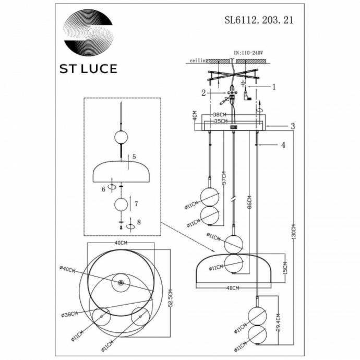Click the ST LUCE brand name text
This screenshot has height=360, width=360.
[87, 69]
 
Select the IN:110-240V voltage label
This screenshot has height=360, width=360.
[248, 53]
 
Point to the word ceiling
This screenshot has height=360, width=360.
[199, 61]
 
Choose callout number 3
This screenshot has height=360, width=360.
[293, 126]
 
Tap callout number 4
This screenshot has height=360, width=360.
[283, 146]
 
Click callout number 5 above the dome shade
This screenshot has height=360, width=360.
[134, 156]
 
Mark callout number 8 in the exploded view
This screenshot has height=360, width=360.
[139, 222]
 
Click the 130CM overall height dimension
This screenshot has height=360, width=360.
[294, 233]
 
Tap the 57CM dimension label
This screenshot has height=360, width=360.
[223, 179]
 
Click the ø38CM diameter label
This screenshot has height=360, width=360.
[69, 314]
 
